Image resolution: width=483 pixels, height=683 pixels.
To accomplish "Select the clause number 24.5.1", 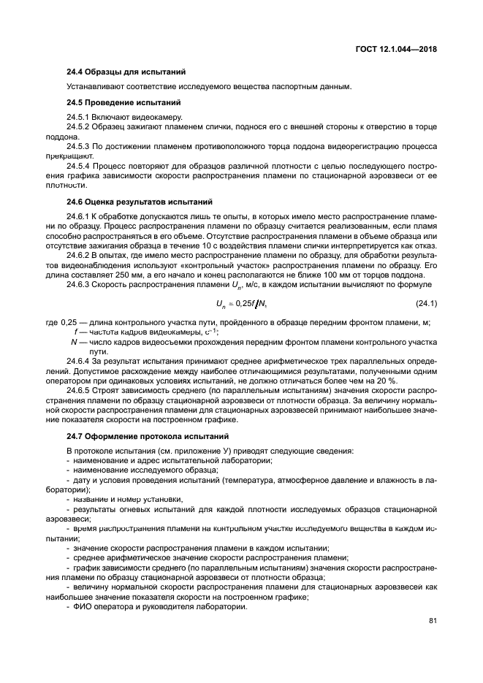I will [77, 117].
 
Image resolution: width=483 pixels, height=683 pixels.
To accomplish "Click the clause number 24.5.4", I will [77, 167].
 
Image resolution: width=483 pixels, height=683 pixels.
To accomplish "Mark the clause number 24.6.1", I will [77, 216].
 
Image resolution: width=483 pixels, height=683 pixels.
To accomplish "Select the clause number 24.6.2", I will [77, 256].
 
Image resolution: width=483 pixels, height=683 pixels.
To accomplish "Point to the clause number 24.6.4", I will [77, 361].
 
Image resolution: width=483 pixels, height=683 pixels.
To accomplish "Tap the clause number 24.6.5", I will [77, 390].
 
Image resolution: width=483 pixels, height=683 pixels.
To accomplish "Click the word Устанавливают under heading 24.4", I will [92, 87].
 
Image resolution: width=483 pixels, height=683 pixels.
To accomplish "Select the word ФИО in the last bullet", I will [80, 607].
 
